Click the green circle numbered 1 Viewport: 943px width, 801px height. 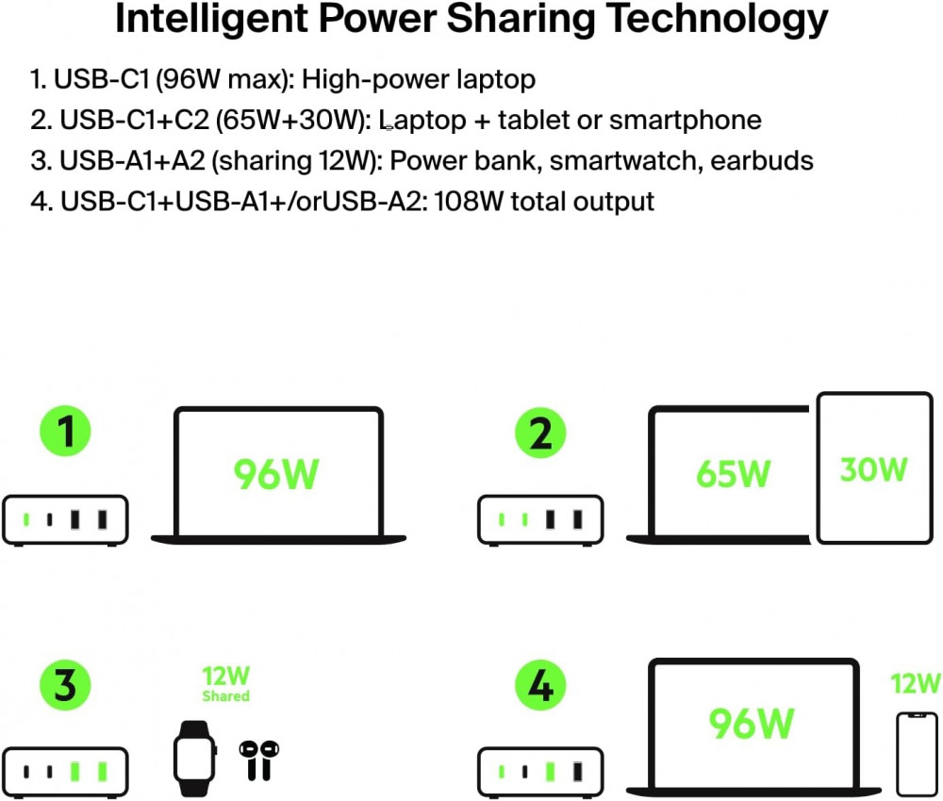tap(65, 433)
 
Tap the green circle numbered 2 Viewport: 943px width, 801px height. tap(540, 434)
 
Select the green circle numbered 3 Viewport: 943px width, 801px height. tap(65, 685)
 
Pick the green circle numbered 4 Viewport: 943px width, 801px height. tap(540, 685)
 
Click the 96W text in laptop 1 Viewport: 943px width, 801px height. tap(276, 475)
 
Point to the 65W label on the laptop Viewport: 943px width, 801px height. tap(733, 473)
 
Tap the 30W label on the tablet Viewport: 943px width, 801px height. tap(873, 468)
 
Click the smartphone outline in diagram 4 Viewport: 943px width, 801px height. tap(916, 753)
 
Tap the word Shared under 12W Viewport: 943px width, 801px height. tap(225, 696)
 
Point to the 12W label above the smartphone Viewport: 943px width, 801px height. tap(916, 683)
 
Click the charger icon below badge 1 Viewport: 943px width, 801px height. tap(65, 519)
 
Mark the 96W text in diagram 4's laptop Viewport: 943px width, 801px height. tap(752, 723)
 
